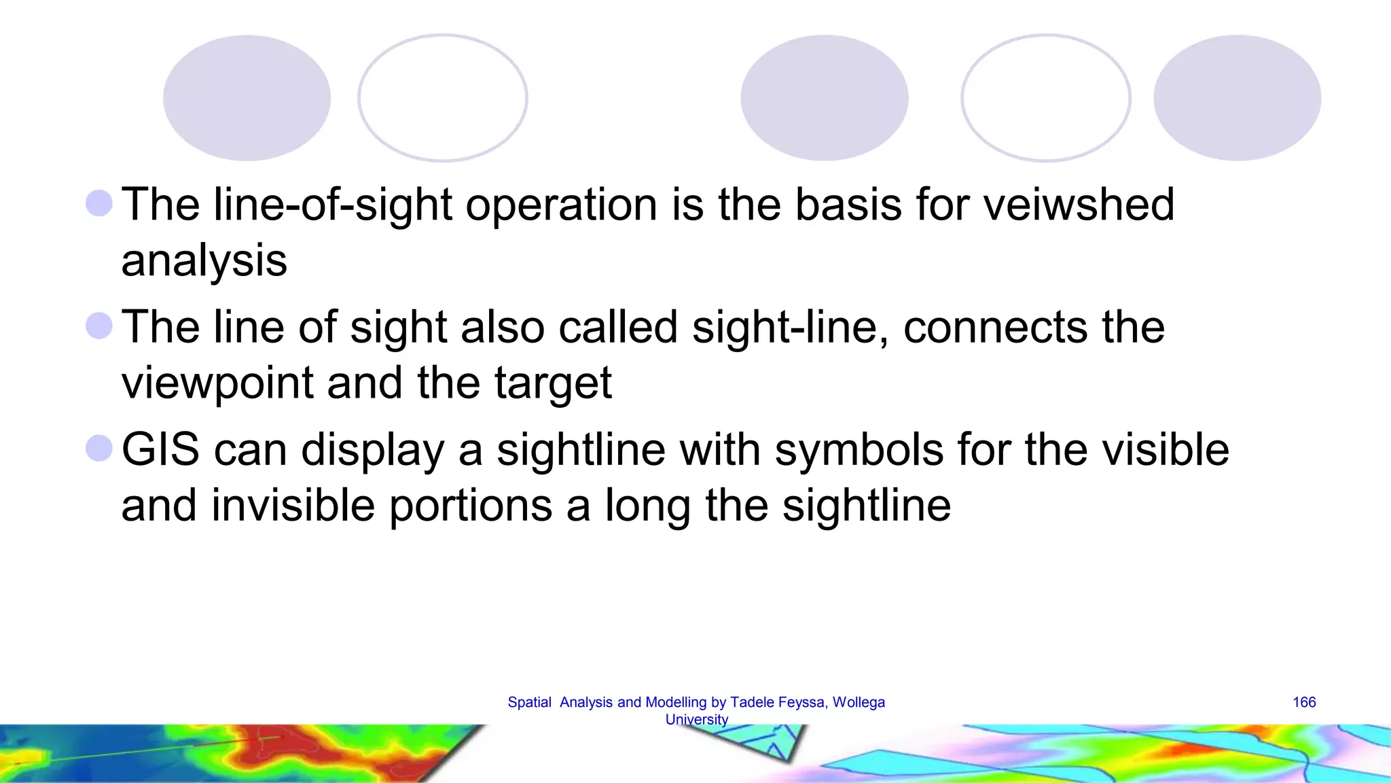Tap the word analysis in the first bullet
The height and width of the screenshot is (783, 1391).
click(204, 261)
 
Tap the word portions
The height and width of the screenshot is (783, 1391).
click(471, 506)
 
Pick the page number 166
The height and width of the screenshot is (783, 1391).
click(1304, 702)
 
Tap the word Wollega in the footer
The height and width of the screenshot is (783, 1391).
click(859, 702)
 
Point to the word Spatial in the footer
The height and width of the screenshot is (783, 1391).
click(529, 702)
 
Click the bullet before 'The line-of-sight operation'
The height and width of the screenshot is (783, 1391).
click(99, 203)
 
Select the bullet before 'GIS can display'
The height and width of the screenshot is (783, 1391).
click(99, 449)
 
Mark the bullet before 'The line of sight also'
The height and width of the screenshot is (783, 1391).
click(99, 326)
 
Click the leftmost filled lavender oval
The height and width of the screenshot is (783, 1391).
click(247, 98)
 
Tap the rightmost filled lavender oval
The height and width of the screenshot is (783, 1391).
click(1237, 98)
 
